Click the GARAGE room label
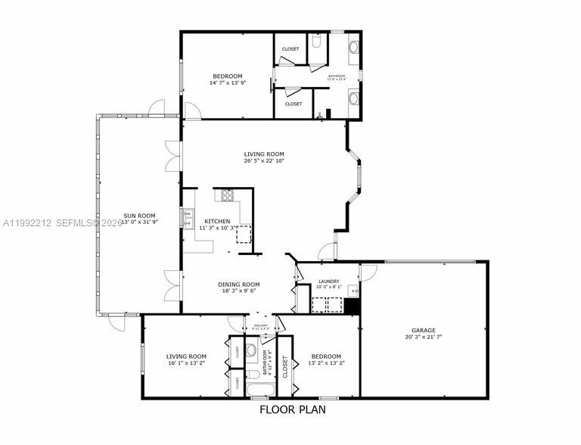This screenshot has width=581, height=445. pos(423,330)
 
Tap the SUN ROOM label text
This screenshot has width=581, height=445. pos(139,216)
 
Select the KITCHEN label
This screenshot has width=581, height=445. pos(217,221)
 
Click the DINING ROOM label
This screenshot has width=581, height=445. pos(240,285)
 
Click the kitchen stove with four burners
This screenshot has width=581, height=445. pos(225,196)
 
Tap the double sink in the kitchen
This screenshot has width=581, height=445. pos(187,219)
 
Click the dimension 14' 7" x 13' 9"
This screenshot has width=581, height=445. pos(227,82)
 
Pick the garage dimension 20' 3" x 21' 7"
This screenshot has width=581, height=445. pos(423,337)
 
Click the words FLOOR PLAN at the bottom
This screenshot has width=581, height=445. pos(292,410)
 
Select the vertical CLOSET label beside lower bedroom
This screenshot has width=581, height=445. pos(285,367)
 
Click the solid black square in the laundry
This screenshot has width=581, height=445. pos(350,306)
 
